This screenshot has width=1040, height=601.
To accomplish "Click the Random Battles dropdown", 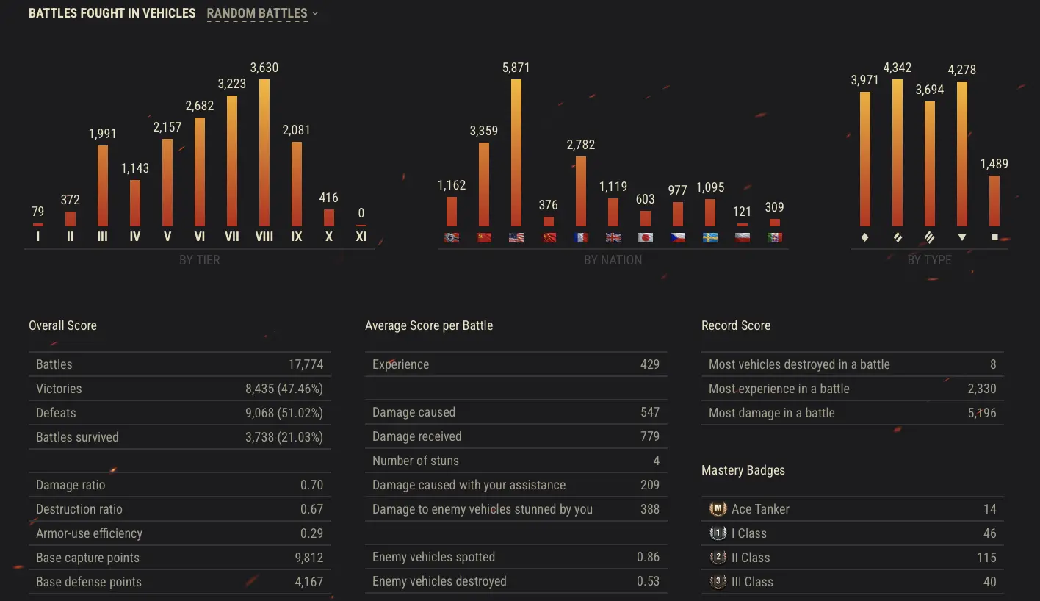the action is (263, 13).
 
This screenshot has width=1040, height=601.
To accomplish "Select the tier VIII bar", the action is (264, 153).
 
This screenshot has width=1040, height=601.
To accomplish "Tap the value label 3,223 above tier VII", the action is (232, 84).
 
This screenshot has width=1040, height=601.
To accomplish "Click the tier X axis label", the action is (329, 237).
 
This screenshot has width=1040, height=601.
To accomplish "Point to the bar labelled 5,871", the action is (516, 153).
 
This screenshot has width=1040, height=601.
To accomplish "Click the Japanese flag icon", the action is (646, 238).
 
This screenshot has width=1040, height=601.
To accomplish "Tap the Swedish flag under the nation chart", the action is (710, 238).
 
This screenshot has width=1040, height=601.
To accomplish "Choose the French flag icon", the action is (581, 238).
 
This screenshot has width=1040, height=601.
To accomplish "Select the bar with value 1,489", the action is (994, 201).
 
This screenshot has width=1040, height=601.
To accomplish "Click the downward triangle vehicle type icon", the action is (962, 237).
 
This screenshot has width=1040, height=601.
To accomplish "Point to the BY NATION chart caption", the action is (613, 260).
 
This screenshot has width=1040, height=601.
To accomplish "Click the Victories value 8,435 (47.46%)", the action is (284, 389).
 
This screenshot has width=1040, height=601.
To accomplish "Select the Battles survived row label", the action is (78, 437).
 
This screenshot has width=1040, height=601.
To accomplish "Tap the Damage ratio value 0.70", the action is (311, 485).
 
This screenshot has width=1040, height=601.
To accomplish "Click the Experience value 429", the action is (650, 364).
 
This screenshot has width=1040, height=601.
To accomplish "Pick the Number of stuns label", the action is (416, 461).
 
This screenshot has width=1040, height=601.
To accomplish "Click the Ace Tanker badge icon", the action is (718, 509).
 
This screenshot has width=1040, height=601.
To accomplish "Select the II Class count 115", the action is (986, 558).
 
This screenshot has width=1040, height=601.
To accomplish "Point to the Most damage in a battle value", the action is (982, 413).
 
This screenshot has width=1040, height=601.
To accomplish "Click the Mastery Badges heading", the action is (743, 470).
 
